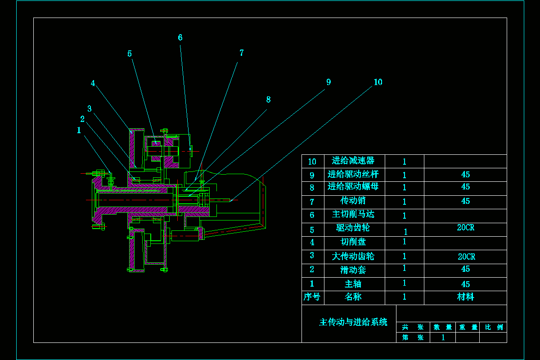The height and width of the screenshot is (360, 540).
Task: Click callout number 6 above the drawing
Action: click(180, 38)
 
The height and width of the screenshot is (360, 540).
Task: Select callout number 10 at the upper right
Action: click(378, 82)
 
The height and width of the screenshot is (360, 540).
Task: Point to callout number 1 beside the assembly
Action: click(79, 130)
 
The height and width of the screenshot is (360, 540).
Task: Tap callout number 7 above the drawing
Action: click(242, 53)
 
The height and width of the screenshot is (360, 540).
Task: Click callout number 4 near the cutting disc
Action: click(93, 83)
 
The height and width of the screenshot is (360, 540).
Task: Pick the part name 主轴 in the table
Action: click(353, 284)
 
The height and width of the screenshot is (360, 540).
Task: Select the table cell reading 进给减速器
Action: click(353, 161)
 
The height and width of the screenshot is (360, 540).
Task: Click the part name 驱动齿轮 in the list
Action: click(353, 228)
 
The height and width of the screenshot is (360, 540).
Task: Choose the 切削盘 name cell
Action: click(353, 242)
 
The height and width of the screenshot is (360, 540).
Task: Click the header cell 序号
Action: click(312, 297)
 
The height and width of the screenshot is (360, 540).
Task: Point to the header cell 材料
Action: click(465, 297)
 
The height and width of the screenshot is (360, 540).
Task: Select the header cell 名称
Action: click(353, 297)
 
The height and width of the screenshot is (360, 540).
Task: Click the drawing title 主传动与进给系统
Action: click(353, 322)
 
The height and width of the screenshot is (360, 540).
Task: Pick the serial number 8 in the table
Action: click(312, 188)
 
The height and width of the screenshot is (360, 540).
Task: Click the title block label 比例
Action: click(494, 328)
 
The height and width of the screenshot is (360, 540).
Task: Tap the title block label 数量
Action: click(443, 328)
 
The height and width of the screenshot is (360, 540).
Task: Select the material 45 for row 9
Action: click(466, 175)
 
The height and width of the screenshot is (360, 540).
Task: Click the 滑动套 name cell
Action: click(353, 270)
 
